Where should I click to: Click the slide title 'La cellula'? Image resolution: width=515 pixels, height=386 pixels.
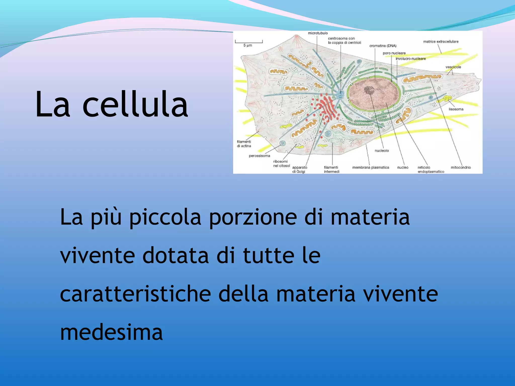[111, 104]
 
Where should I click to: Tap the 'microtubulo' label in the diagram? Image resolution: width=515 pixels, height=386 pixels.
[318, 33]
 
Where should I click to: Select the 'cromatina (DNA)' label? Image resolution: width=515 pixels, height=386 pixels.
[383, 46]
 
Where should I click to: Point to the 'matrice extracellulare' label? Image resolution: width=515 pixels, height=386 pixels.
[441, 41]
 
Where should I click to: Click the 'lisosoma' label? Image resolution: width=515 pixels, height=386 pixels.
[456, 109]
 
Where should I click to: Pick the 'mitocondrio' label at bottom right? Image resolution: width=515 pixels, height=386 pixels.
[461, 167]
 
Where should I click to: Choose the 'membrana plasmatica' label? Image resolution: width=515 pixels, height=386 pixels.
[370, 167]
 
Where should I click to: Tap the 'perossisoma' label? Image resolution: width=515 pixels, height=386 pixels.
[259, 156]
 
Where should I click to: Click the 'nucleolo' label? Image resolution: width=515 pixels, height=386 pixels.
[381, 151]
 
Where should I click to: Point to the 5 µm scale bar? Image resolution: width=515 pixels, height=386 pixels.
[249, 42]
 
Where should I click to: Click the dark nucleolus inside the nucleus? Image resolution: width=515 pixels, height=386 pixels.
[369, 90]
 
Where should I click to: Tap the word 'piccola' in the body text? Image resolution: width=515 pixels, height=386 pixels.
[165, 217]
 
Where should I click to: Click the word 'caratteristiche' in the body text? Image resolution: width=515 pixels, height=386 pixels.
[135, 294]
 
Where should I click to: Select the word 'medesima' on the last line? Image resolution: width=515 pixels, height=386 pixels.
[111, 332]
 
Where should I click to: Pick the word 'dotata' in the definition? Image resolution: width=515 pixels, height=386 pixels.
[176, 256]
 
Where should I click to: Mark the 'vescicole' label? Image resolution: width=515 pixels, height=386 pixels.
[453, 67]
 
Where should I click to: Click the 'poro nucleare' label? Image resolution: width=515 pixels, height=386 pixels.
[394, 53]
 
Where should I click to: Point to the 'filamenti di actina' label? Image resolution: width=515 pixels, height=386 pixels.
[244, 144]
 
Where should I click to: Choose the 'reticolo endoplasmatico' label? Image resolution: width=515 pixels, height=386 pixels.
[431, 169]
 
